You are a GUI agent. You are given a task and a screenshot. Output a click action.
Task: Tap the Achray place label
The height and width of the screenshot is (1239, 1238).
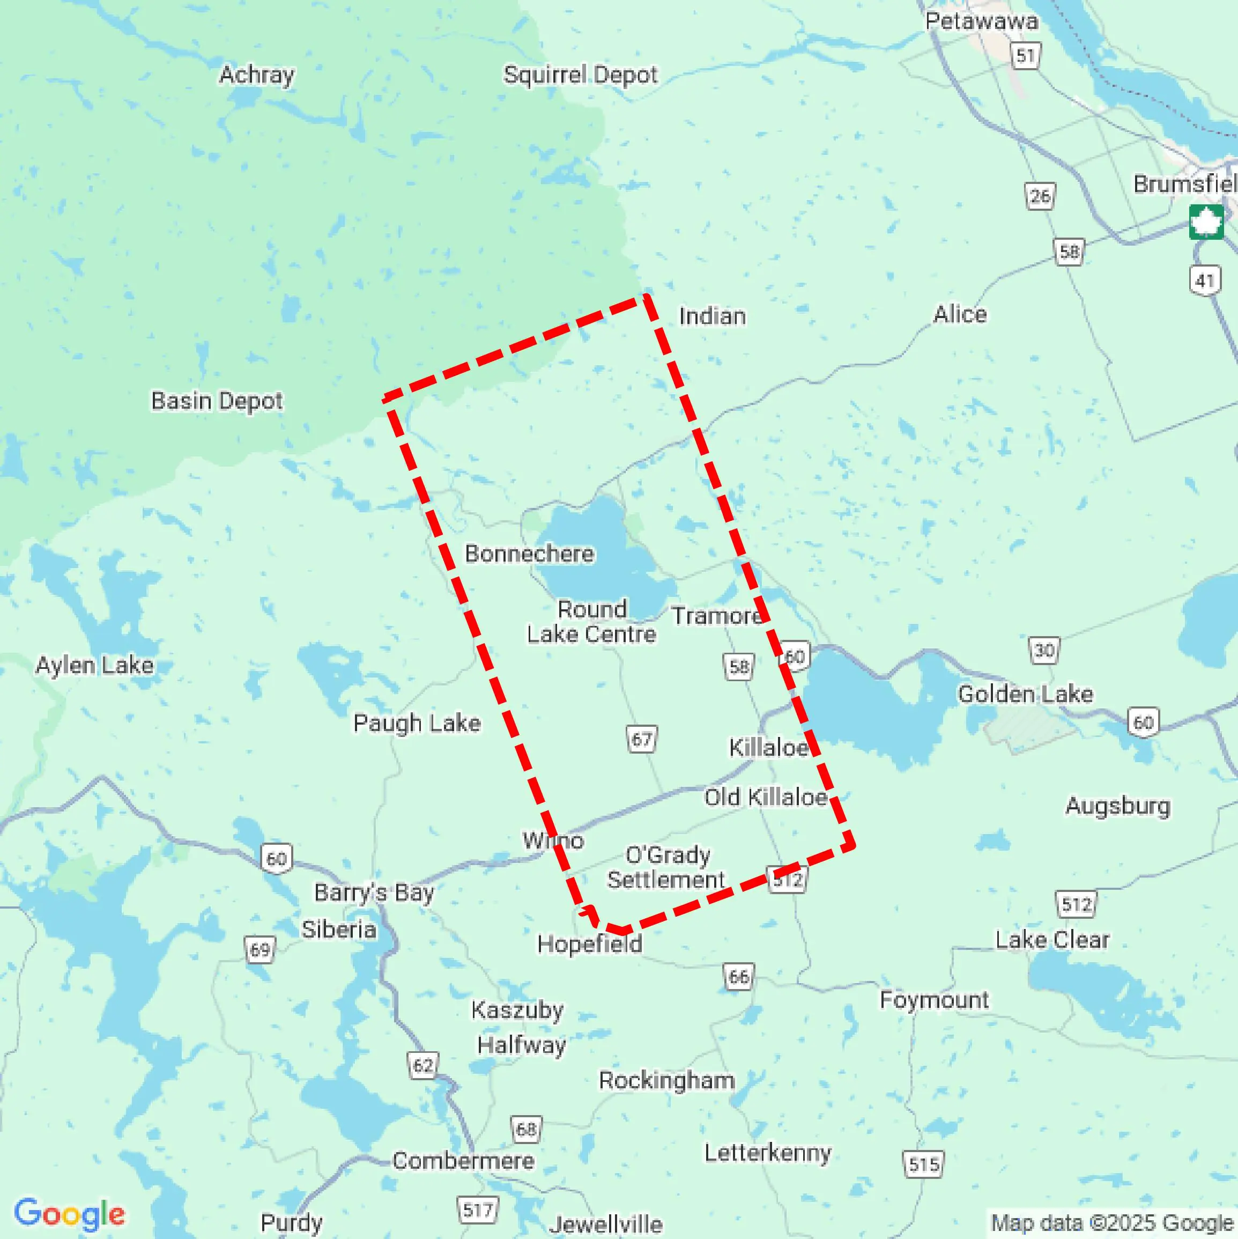pyautogui.click(x=256, y=75)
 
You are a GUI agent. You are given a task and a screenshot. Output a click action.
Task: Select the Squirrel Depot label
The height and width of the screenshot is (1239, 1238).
pyautogui.click(x=580, y=75)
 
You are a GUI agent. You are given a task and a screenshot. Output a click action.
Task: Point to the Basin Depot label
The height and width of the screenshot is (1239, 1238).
pyautogui.click(x=217, y=401)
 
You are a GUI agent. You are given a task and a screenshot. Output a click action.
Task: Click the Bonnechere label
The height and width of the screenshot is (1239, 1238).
pyautogui.click(x=530, y=554)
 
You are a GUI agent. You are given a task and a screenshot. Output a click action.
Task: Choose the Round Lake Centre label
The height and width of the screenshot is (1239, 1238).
pyautogui.click(x=591, y=622)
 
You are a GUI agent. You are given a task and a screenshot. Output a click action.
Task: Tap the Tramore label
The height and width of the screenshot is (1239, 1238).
pyautogui.click(x=717, y=616)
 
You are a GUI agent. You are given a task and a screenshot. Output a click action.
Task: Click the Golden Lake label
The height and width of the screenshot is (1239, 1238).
pyautogui.click(x=1025, y=694)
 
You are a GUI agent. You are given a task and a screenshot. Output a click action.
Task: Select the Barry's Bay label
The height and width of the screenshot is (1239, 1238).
pyautogui.click(x=374, y=892)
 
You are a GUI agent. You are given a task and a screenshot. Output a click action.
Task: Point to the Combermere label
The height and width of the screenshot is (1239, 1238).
pyautogui.click(x=463, y=1161)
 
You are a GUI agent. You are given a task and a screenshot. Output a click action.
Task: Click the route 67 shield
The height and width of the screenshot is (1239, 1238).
pyautogui.click(x=642, y=740)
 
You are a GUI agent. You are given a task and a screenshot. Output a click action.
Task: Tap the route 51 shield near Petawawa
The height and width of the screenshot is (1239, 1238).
pyautogui.click(x=1026, y=56)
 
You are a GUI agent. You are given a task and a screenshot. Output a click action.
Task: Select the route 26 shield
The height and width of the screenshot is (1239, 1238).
pyautogui.click(x=1040, y=196)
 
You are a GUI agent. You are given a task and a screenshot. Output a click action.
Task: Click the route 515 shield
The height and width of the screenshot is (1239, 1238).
pyautogui.click(x=923, y=1164)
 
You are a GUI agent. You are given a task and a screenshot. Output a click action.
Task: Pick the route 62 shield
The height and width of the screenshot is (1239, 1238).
pyautogui.click(x=423, y=1065)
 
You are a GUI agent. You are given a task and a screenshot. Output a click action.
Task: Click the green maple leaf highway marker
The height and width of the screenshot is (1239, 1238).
pyautogui.click(x=1206, y=223)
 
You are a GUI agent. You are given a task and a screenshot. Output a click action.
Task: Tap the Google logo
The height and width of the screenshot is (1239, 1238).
pyautogui.click(x=69, y=1213)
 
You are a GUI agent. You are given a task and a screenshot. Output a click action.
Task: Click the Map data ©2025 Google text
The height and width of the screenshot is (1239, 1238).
pyautogui.click(x=1113, y=1223)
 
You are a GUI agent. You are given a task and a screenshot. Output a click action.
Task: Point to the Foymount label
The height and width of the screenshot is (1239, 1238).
pyautogui.click(x=933, y=1000)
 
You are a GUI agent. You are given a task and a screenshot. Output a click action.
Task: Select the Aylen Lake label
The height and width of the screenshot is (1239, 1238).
pyautogui.click(x=95, y=665)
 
